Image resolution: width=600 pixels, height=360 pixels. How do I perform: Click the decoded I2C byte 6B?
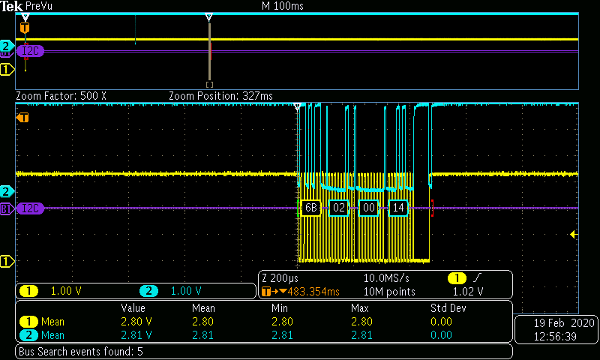[x=310, y=208]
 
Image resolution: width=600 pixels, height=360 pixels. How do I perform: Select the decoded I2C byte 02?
[x=339, y=208]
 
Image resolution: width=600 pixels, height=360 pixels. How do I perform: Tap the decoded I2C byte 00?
[x=368, y=208]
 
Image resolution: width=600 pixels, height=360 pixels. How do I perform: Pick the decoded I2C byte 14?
[x=398, y=208]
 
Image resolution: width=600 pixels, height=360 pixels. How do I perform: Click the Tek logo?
[x=11, y=6]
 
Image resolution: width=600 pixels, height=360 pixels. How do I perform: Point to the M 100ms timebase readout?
[x=283, y=6]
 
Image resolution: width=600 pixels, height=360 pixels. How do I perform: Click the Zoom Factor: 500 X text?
[x=61, y=96]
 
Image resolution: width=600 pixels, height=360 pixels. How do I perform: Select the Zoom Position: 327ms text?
[x=220, y=96]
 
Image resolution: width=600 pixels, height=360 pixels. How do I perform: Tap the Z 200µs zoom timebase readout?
[x=280, y=278]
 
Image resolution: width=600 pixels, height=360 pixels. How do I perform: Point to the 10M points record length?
[x=389, y=292]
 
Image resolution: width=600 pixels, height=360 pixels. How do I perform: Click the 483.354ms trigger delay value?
[x=313, y=292]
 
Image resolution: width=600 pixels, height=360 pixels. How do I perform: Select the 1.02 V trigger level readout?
[x=468, y=292]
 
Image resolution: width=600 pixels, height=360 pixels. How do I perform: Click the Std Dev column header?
[x=448, y=308]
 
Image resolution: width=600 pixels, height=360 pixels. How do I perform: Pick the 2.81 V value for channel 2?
[x=136, y=335]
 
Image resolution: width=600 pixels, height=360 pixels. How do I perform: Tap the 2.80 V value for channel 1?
[x=136, y=322]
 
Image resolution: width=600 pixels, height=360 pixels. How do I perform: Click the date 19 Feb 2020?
[x=564, y=323]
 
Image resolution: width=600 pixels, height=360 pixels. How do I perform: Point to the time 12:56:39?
[x=555, y=336]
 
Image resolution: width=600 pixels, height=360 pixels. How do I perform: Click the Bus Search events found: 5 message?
[x=81, y=352]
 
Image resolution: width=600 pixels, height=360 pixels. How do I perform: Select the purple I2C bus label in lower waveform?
[x=30, y=208]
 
